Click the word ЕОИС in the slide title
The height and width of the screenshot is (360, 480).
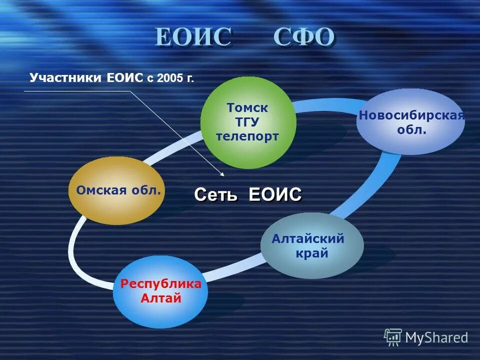coord(193,37)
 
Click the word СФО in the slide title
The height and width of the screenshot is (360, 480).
coord(303,37)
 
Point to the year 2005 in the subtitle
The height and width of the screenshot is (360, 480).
coord(169,78)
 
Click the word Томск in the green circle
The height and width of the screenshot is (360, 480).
coord(247,107)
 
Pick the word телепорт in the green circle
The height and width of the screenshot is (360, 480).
coord(247,136)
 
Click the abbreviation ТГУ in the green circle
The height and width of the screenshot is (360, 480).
coord(247,121)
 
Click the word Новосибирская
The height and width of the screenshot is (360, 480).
coord(411,116)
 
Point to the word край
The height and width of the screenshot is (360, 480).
coord(312,253)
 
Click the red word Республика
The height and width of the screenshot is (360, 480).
coord(160,284)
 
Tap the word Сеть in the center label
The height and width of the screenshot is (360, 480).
coord(215,194)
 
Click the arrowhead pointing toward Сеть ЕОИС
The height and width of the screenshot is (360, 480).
coord(222,174)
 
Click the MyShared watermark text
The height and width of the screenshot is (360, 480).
coord(436,337)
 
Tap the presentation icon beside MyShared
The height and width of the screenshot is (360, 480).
coord(393,337)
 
